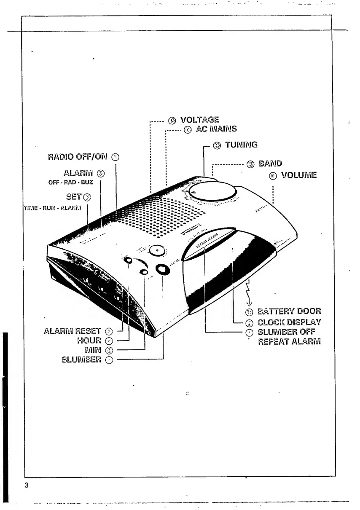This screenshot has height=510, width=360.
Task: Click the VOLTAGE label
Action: [x=199, y=120]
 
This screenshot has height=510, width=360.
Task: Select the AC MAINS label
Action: [x=216, y=129]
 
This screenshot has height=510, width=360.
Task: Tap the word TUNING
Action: [x=241, y=145]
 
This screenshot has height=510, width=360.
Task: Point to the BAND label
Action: [x=270, y=164]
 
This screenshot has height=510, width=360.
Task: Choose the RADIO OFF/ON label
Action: [x=78, y=157]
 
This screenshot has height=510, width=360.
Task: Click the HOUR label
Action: [x=89, y=340]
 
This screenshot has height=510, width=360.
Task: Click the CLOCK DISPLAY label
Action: [x=289, y=322]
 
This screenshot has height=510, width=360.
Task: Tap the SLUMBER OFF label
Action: [x=286, y=332]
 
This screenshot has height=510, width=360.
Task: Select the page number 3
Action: [x=27, y=484]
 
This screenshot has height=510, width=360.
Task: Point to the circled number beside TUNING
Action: [x=217, y=146]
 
